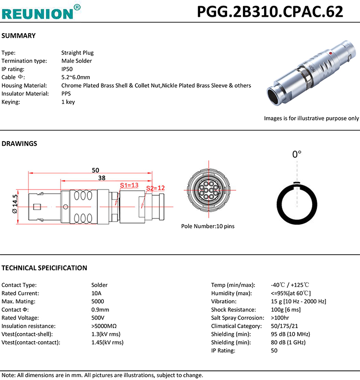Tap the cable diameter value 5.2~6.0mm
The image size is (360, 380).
tap(75, 77)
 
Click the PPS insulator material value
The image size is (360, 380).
tap(66, 94)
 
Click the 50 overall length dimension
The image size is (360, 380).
tap(95, 170)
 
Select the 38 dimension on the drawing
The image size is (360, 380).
tap(101, 178)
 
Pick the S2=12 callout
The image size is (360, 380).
tap(155, 188)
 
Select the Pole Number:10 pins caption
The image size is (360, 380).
tap(208, 226)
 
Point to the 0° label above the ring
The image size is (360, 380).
tap(297, 154)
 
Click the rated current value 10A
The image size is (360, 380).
tap(96, 293)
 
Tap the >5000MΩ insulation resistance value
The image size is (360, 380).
tap(104, 326)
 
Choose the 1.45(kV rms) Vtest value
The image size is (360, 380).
tap(107, 342)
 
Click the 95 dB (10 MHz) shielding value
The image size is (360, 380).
tap(290, 334)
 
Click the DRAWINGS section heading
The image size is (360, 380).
tap(19, 143)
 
